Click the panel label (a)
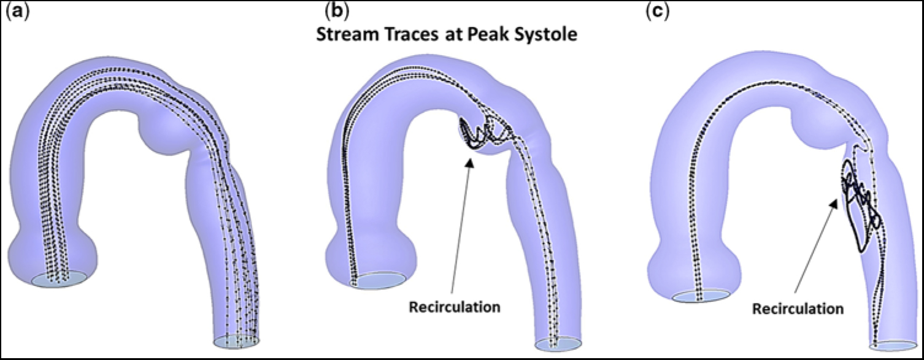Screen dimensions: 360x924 tap(13, 12)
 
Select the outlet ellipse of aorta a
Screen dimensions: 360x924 tap(237, 340)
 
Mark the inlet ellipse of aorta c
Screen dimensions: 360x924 tap(701, 296)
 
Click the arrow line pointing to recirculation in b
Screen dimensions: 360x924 tap(460, 227)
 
